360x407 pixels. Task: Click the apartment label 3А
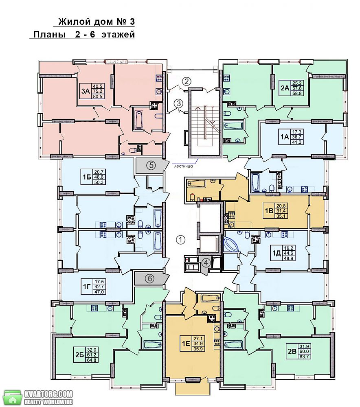(x=86, y=91)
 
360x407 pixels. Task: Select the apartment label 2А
(x=285, y=88)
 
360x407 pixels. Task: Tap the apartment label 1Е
(x=185, y=344)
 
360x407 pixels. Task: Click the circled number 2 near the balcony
(x=186, y=81)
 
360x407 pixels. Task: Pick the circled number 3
(x=178, y=103)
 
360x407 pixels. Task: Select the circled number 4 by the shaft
(x=206, y=263)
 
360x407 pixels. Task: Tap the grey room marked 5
(x=151, y=165)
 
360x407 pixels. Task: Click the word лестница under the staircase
(x=183, y=166)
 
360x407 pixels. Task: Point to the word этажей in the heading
(x=118, y=35)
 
